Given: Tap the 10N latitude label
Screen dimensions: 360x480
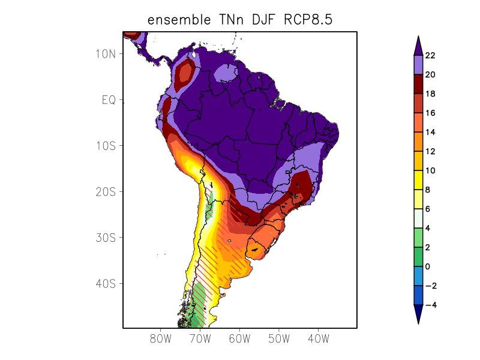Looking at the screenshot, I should point(106,54).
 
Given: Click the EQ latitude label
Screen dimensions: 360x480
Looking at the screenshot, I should point(108,100).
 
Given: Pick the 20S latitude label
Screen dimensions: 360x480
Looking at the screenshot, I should point(106,192).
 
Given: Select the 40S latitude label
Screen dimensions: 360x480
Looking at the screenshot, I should point(106,283).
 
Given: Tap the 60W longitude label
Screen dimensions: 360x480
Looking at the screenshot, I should point(239,339).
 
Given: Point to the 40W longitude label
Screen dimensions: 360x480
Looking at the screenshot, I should point(318,339).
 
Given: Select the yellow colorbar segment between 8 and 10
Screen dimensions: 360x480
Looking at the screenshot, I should point(418,180).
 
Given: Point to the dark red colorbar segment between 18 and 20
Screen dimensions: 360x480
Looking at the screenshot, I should point(418,84).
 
